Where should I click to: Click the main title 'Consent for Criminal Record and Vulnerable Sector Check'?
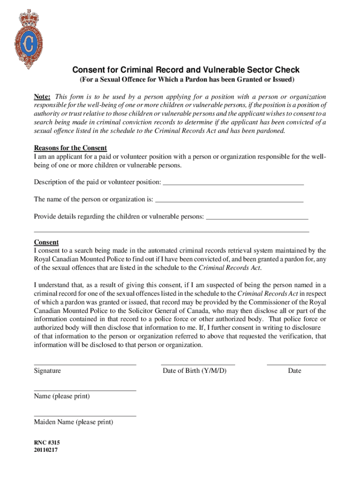coord(186,70)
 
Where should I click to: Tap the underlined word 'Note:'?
coord(42,96)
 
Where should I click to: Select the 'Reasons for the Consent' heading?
coord(70,148)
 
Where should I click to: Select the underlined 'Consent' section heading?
coord(46,242)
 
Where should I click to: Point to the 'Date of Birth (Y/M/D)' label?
coord(194,370)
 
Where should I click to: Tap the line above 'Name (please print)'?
coord(85,390)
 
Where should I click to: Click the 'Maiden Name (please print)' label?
coord(73,422)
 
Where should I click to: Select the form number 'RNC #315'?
coord(47,442)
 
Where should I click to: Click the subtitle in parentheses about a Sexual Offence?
coord(186,80)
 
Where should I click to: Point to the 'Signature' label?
coord(47,370)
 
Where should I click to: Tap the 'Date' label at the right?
coord(295,370)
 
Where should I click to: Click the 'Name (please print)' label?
coord(62,396)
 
